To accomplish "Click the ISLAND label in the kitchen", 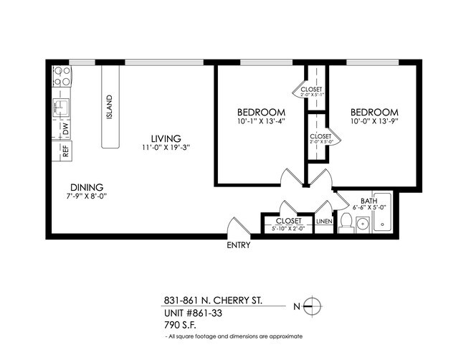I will click(110, 108).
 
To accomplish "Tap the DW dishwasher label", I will click(65, 130).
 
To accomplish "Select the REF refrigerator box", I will click(65, 151).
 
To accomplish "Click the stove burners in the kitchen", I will click(62, 76).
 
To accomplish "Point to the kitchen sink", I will click(62, 108).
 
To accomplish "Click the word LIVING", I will click(166, 138).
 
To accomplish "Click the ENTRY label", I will click(238, 245).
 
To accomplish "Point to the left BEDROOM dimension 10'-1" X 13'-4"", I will click(261, 123).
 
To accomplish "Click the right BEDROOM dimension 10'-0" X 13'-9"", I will click(374, 123).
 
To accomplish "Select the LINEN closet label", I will click(324, 222).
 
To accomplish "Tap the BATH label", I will click(368, 201).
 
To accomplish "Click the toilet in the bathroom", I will click(346, 223).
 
